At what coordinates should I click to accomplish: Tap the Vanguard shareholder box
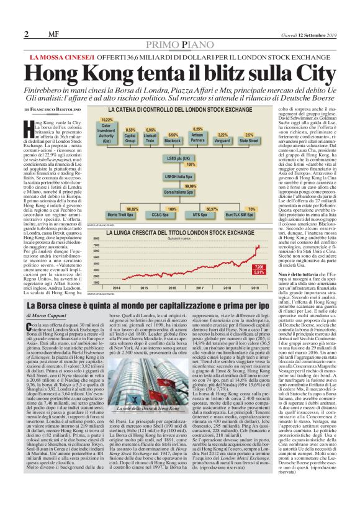(223, 140)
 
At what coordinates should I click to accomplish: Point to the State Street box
(249, 140)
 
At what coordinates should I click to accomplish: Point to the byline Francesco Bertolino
(56, 109)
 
